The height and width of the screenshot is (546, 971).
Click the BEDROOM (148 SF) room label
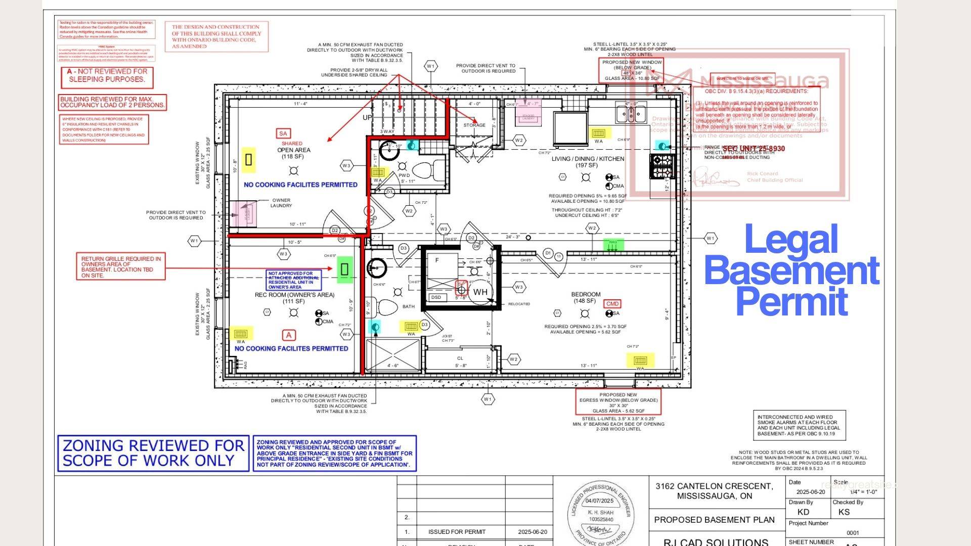(586, 297)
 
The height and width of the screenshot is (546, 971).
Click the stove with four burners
(662, 166)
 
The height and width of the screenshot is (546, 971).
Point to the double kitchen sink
(631, 114)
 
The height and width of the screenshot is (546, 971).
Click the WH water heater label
(480, 292)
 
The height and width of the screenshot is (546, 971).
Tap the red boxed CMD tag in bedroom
(612, 304)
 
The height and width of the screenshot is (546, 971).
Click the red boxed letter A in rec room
(289, 335)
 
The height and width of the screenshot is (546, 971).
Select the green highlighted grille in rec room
(344, 269)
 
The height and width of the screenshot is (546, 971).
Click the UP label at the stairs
(367, 117)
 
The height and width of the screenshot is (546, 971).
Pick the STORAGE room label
(474, 125)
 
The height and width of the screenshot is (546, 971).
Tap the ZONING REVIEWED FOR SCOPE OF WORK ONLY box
(153, 453)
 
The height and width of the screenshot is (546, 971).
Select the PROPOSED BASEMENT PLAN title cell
(714, 520)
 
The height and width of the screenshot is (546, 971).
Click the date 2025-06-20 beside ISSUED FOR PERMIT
(532, 532)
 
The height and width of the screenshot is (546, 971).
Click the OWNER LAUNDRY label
(281, 203)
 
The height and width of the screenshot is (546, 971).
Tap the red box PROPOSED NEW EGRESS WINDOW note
(618, 402)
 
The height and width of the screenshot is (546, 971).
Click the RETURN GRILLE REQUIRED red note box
(121, 266)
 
